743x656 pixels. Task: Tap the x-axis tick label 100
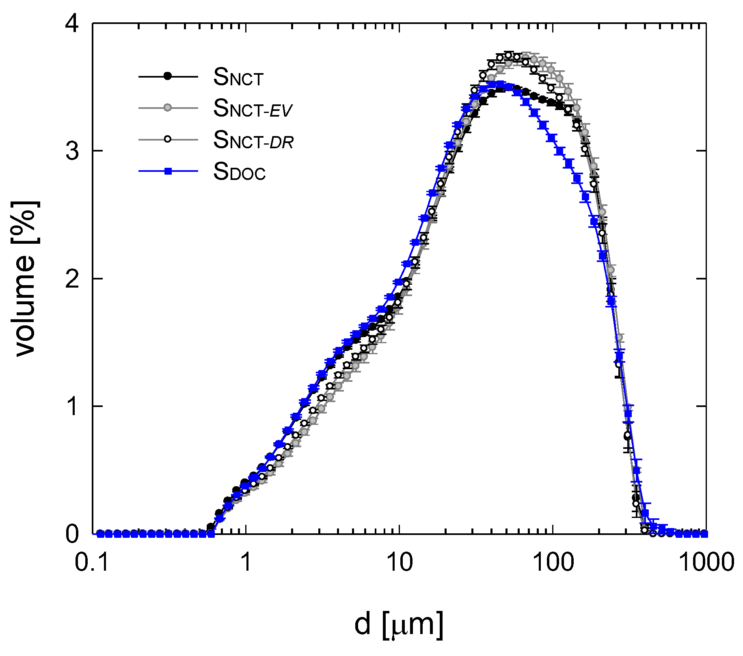click(553, 563)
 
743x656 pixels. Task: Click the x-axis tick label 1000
click(706, 563)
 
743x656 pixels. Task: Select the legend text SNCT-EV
click(253, 108)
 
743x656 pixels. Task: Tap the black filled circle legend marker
click(168, 76)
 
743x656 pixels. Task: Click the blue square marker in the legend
click(168, 171)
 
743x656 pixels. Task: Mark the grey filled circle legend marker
click(168, 108)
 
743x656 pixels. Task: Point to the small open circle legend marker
click(168, 139)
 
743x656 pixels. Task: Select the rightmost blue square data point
click(704, 534)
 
